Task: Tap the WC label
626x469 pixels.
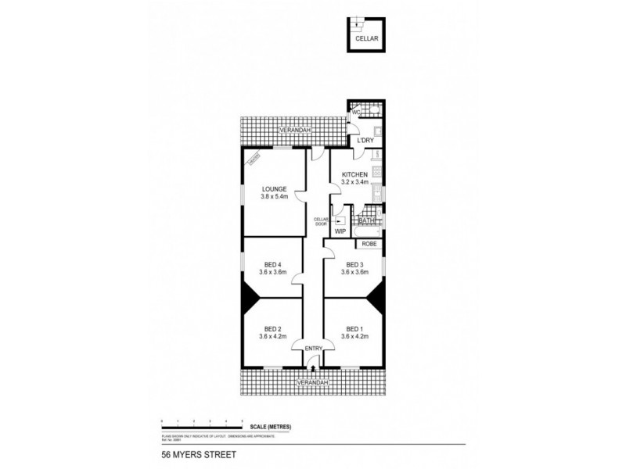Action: [x=354, y=113]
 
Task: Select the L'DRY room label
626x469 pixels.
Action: [x=364, y=141]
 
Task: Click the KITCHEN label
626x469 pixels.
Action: [x=354, y=175]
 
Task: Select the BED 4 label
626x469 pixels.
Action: [x=272, y=264]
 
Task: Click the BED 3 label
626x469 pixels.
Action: [x=354, y=264]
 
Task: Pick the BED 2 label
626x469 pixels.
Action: [x=272, y=328]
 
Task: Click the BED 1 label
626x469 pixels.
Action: [x=354, y=328]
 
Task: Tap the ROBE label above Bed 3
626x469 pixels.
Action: [x=369, y=244]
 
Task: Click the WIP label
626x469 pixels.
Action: [x=340, y=231]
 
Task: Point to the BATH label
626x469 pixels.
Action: [x=367, y=222]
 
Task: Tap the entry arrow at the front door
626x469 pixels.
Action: [x=313, y=362]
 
